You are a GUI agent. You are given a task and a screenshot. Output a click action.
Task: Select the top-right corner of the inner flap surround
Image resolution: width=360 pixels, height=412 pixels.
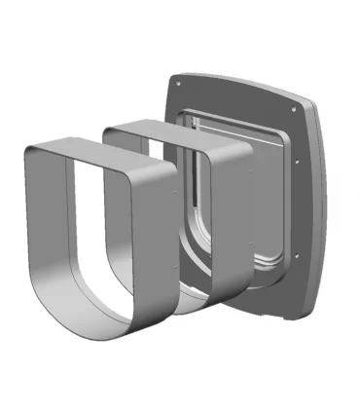[281, 132]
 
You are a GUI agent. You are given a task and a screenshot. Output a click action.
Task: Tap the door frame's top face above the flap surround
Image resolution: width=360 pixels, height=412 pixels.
[234, 97]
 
